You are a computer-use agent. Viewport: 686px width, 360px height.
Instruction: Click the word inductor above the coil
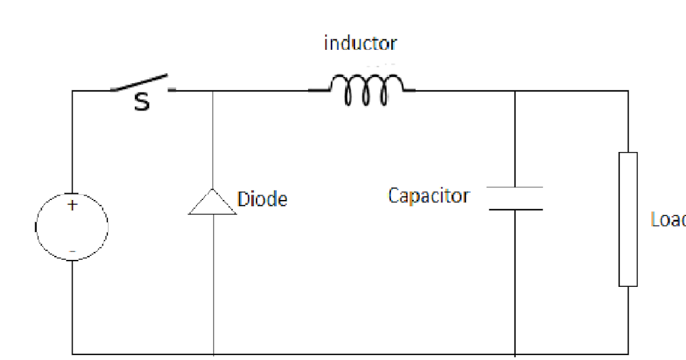click(x=360, y=43)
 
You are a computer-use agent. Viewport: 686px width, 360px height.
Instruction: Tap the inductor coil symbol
click(x=366, y=90)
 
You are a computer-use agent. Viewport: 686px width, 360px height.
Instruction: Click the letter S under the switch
click(x=142, y=103)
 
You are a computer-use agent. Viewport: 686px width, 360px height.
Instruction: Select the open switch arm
click(x=140, y=82)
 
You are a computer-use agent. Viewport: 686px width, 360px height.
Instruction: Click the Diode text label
click(x=262, y=199)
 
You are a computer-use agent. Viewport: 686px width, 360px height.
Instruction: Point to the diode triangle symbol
click(x=213, y=203)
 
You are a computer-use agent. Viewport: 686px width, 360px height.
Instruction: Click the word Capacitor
click(x=428, y=196)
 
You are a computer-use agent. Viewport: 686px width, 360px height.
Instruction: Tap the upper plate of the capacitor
click(x=515, y=187)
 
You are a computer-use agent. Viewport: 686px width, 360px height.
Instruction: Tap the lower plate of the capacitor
click(x=515, y=209)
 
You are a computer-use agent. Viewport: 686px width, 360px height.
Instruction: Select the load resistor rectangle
click(x=628, y=219)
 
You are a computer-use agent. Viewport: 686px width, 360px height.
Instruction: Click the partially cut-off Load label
click(x=668, y=219)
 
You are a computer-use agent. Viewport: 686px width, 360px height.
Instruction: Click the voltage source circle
click(x=72, y=226)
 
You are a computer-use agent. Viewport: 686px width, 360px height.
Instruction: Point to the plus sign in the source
click(x=72, y=206)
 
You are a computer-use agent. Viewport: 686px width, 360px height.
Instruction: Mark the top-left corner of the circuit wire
click(x=72, y=91)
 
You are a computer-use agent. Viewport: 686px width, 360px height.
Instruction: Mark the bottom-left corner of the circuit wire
click(x=72, y=354)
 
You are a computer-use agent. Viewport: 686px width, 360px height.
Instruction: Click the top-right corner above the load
click(x=628, y=91)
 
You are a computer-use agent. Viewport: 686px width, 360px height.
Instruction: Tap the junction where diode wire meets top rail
click(x=213, y=91)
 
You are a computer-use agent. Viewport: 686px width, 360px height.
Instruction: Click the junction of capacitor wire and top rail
click(x=515, y=91)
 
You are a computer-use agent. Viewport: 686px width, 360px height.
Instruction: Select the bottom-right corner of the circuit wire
click(x=628, y=354)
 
